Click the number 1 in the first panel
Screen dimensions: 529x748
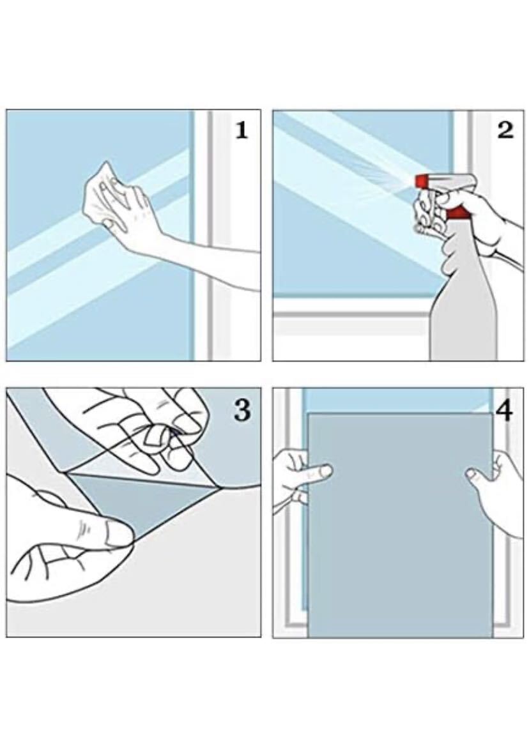tap(242, 130)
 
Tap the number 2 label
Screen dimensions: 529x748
tap(505, 130)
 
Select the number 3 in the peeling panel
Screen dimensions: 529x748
tap(242, 409)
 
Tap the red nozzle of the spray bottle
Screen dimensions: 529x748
tap(422, 181)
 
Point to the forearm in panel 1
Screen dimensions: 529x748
tap(201, 257)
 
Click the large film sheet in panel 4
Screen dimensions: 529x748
tap(400, 524)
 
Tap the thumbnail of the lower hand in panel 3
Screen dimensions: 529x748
tap(117, 533)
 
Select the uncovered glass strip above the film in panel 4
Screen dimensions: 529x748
tap(398, 400)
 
